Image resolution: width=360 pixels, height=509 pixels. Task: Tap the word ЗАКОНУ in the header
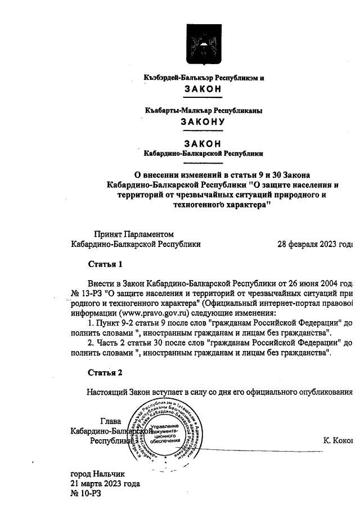(202, 121)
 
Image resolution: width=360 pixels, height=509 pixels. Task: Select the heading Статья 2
(105, 372)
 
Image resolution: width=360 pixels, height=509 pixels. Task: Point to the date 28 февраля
(298, 245)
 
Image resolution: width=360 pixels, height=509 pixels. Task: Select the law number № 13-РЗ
(87, 291)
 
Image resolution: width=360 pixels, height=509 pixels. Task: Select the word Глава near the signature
(110, 421)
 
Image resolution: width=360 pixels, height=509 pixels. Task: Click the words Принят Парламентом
(134, 234)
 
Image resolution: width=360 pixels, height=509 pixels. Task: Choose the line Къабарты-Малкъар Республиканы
(203, 111)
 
